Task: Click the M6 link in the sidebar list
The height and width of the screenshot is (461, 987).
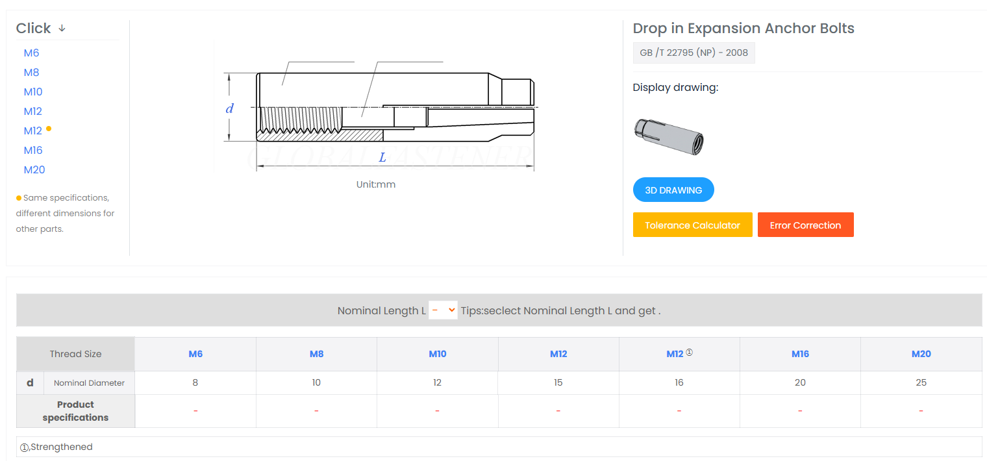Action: point(31,53)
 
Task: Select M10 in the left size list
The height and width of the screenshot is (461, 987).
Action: point(33,92)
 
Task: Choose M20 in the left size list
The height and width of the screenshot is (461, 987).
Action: point(34,169)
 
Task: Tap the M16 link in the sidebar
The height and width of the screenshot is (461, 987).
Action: point(33,150)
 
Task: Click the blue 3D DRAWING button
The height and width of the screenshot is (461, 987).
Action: point(673,190)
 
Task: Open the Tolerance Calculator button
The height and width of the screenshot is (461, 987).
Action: point(693,225)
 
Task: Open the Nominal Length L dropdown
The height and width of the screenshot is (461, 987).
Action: point(443,310)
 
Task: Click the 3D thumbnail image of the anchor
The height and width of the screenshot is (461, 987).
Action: point(669,136)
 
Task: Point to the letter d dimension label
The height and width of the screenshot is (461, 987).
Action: point(230,108)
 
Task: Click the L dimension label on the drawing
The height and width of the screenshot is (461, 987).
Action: point(382,157)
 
